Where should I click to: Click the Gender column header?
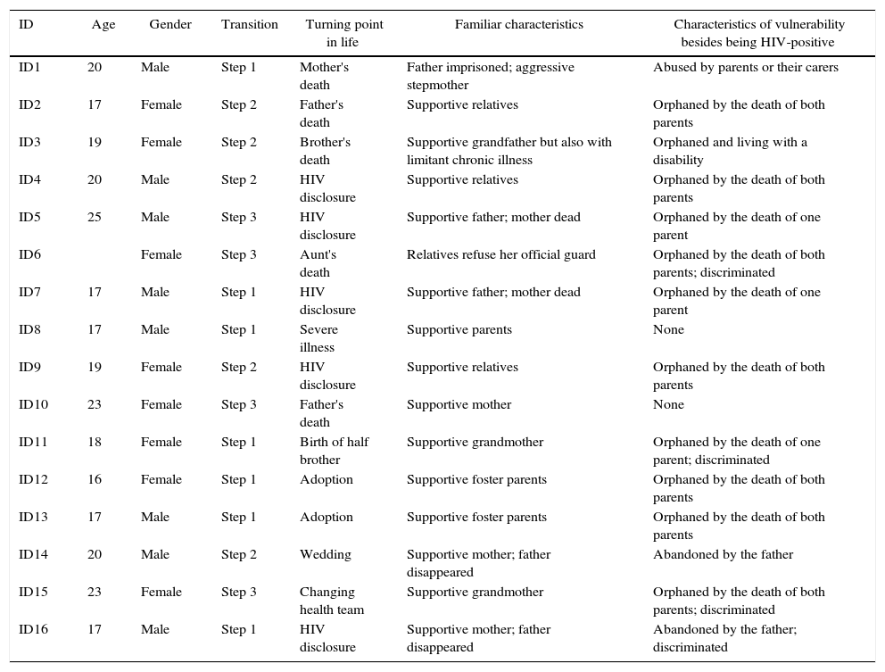click(x=170, y=25)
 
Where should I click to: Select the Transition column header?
click(x=249, y=25)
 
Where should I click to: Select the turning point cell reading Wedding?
click(x=325, y=555)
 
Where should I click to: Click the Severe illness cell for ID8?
click(x=318, y=338)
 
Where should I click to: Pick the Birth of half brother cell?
click(x=333, y=451)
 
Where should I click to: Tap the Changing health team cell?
click(x=331, y=601)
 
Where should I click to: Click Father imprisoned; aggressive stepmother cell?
click(x=490, y=76)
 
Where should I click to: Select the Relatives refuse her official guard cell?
click(x=500, y=255)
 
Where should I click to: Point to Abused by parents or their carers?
click(x=745, y=68)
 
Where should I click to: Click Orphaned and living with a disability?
click(x=729, y=151)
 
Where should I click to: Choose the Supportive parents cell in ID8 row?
click(x=459, y=330)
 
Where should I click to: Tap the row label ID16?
click(x=33, y=630)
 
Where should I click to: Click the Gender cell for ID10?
click(x=161, y=405)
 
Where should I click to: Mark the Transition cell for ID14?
click(x=238, y=555)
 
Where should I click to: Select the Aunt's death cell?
click(x=318, y=263)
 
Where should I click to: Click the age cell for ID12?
click(x=95, y=480)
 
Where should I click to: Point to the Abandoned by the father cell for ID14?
click(x=723, y=555)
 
